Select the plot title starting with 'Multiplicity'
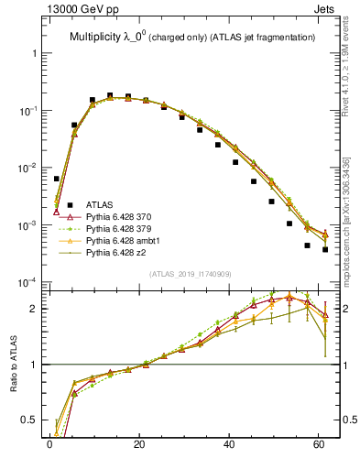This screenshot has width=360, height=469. click(x=192, y=37)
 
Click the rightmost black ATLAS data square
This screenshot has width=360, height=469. click(x=325, y=249)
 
